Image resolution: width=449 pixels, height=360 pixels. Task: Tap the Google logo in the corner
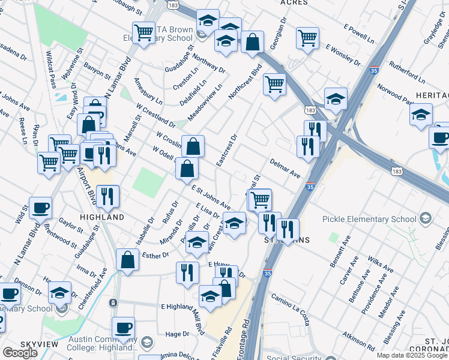tap(20, 353)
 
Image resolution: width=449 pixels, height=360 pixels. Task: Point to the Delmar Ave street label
tap(285, 167)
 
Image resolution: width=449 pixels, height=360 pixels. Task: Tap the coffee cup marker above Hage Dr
tap(123, 328)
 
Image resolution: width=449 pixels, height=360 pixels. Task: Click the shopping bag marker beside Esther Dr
tap(127, 260)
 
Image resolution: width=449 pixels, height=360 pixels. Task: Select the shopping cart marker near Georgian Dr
tap(307, 37)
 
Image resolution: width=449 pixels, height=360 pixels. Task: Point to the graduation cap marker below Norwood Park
tap(421, 113)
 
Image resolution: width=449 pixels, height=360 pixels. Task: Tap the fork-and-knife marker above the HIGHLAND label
tap(107, 196)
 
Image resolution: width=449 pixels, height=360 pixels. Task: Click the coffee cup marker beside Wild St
tap(40, 208)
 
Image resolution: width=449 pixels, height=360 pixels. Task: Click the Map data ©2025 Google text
tap(412, 355)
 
